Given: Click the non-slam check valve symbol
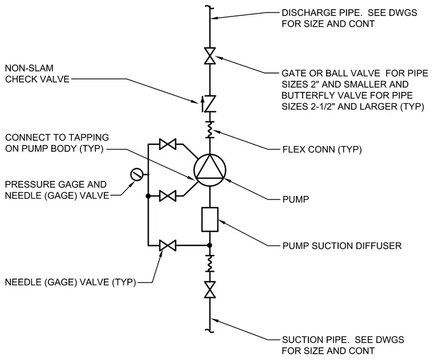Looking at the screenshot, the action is pyautogui.click(x=210, y=103).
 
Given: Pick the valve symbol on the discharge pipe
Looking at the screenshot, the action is pyautogui.click(x=210, y=56).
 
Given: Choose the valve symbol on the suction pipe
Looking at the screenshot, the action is pyautogui.click(x=210, y=289).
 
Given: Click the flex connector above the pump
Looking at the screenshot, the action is pyautogui.click(x=210, y=130).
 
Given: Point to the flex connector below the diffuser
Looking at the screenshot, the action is pyautogui.click(x=210, y=263).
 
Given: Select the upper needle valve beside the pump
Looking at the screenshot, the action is pyautogui.click(x=167, y=144).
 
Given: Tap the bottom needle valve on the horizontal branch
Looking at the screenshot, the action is pyautogui.click(x=167, y=245).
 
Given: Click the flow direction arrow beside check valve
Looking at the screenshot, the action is pyautogui.click(x=202, y=104).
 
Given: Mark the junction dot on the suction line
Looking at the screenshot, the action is pyautogui.click(x=210, y=245).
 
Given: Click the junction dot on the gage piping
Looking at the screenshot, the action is pyautogui.click(x=148, y=196).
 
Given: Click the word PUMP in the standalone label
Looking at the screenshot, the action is pyautogui.click(x=296, y=199).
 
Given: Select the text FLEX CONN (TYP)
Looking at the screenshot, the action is pyautogui.click(x=322, y=149).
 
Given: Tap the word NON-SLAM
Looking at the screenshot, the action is pyautogui.click(x=29, y=68).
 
